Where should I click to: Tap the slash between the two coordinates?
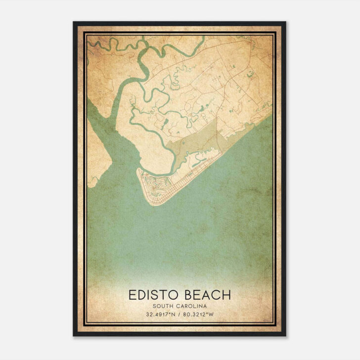[x=180, y=315]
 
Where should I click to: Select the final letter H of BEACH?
[x=226, y=295]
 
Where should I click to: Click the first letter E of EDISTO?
[x=133, y=295]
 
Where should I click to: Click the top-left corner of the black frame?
[x=74, y=22]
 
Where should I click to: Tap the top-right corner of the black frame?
[x=285, y=22]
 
